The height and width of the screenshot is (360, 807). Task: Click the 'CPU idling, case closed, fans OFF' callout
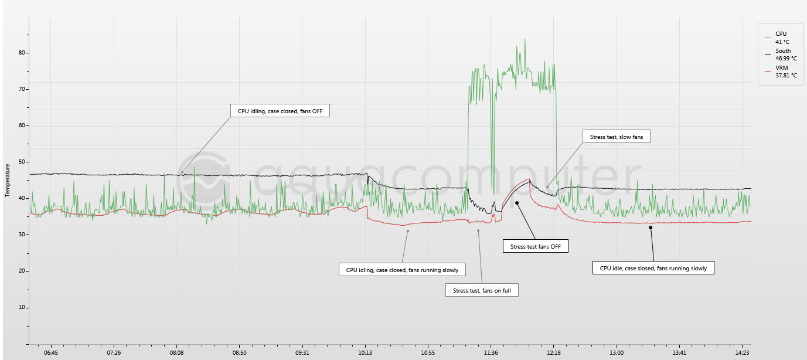pos(280,110)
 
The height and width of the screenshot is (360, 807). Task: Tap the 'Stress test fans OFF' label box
pos(536,246)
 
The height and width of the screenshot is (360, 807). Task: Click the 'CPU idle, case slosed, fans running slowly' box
pos(653,269)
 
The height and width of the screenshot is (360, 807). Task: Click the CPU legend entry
pos(781,38)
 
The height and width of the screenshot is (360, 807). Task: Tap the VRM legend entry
pos(782,72)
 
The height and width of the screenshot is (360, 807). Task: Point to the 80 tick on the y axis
pos(23,53)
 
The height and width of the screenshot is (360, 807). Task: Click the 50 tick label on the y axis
pos(23,162)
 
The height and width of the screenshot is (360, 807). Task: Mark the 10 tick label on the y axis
pos(23,307)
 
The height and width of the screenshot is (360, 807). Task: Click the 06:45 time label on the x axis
pos(51,353)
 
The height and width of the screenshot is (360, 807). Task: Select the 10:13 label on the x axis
pos(365,353)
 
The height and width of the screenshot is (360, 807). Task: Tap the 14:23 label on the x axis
pos(743,353)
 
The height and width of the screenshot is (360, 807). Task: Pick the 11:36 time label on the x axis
pos(491,353)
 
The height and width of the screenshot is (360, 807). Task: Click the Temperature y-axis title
pos(8,180)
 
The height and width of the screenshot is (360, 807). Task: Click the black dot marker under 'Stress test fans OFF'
pos(517,203)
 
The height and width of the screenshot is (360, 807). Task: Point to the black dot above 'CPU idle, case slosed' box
pos(651,227)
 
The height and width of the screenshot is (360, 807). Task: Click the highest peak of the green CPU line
pos(525,39)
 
